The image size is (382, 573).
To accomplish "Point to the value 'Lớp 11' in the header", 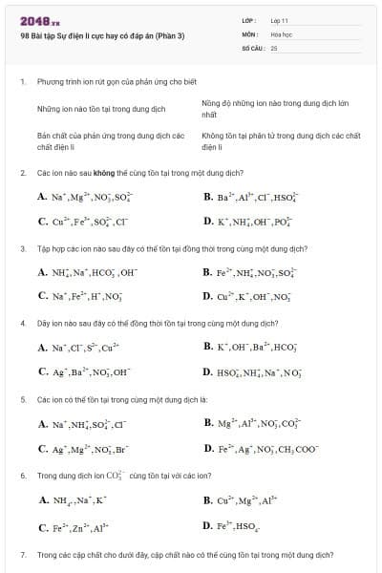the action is tap(280, 20).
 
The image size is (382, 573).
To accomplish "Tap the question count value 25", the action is tap(274, 47).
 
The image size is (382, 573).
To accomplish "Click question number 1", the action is tap(22, 82).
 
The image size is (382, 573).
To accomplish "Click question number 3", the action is tap(22, 248).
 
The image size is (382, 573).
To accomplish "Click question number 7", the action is tap(22, 554).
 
